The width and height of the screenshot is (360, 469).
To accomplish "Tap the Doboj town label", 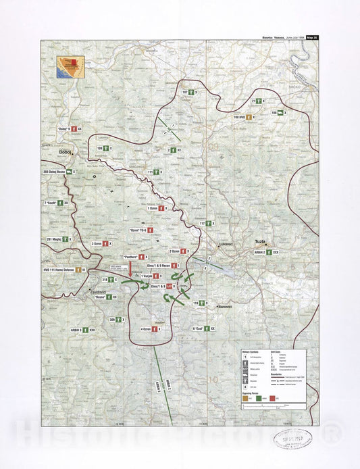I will pyautogui.click(x=66, y=152).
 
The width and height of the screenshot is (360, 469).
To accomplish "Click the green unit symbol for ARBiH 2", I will pyautogui.click(x=269, y=251).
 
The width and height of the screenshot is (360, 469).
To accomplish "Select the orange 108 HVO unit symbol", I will pyautogui.click(x=250, y=117).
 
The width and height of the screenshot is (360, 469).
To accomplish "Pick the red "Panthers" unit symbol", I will pyautogui.click(x=143, y=257).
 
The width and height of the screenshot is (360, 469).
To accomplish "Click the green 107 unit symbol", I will pyautogui.click(x=192, y=91).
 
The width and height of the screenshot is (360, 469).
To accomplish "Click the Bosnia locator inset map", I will pyautogui.click(x=69, y=66).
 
